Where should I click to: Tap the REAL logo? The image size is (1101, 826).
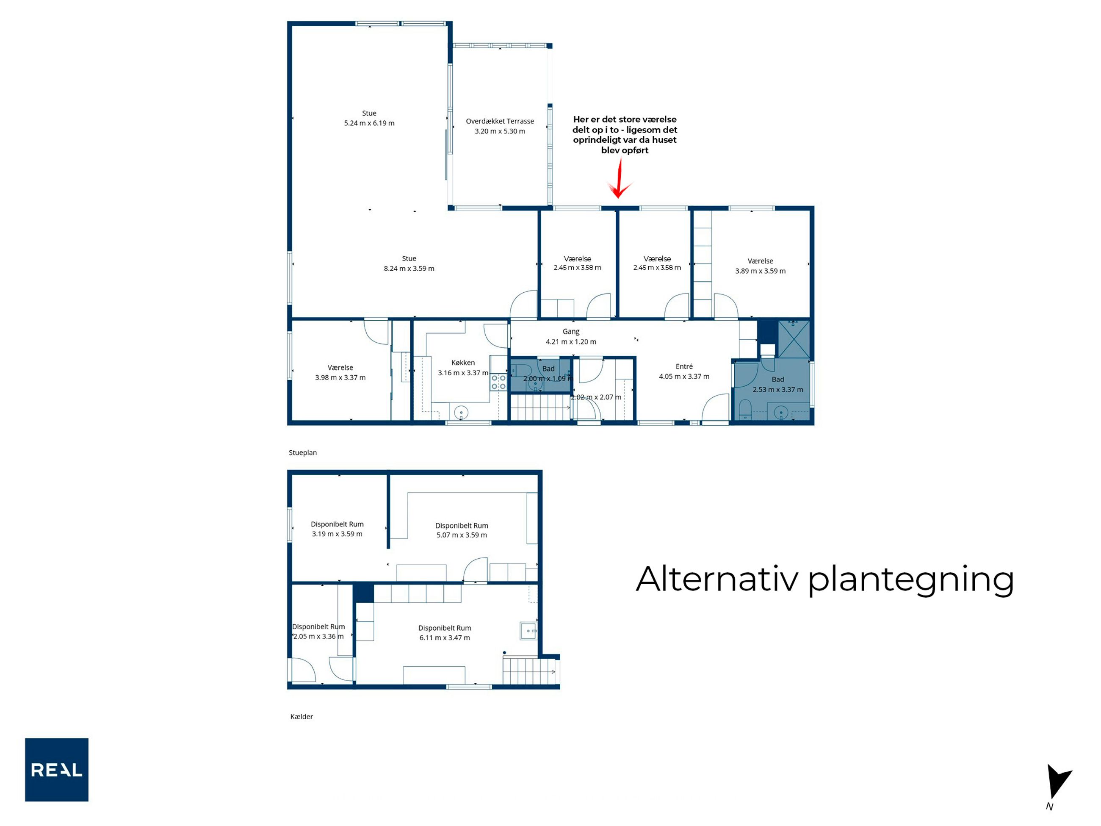(x=57, y=770)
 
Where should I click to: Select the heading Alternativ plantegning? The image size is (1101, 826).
(x=825, y=579)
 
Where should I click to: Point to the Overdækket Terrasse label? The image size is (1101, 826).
(x=500, y=121)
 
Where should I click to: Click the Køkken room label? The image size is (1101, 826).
(x=463, y=363)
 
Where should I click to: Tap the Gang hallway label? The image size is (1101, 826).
(x=571, y=332)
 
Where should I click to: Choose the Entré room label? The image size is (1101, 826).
(x=684, y=366)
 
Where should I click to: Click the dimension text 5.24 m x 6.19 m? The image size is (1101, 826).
(x=369, y=123)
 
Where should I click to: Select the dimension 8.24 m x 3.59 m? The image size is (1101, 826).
(x=409, y=269)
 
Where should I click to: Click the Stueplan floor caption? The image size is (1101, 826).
(x=303, y=452)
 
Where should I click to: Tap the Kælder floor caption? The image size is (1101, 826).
(x=302, y=716)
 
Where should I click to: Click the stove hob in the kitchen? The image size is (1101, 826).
(x=498, y=383)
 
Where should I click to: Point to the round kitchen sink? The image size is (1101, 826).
(x=462, y=413)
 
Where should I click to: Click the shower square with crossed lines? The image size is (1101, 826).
(x=794, y=340)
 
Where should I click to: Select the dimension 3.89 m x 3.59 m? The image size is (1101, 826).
(x=761, y=271)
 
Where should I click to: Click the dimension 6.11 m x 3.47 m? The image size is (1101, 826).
(x=445, y=638)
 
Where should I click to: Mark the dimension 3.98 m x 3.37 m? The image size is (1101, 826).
(x=340, y=377)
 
